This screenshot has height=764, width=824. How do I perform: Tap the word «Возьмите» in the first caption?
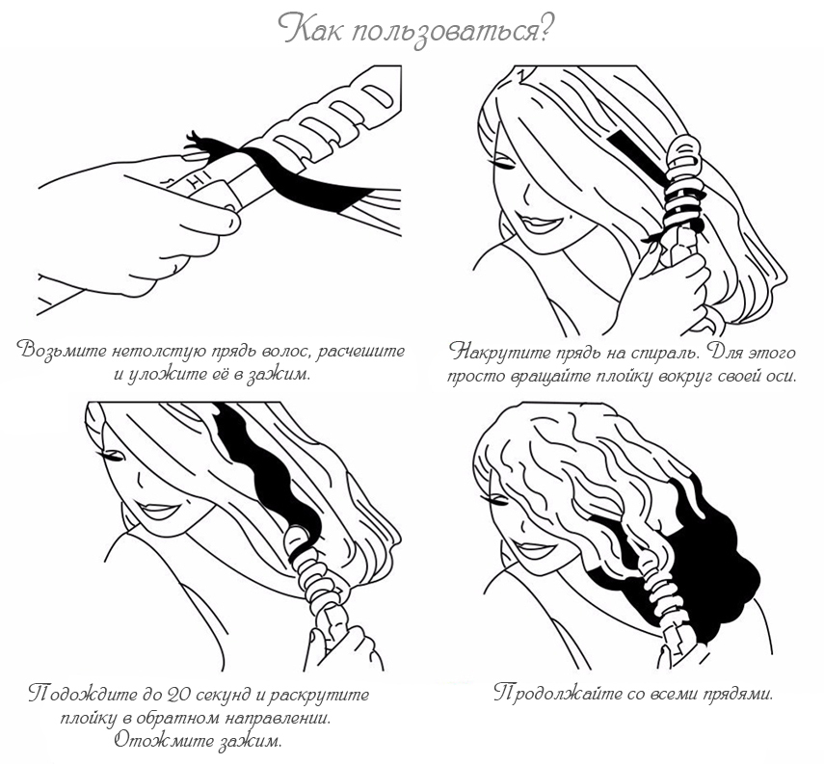tap(61, 351)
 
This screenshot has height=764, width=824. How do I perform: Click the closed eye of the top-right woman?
tap(503, 165)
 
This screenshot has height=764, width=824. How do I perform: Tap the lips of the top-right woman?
tap(537, 224)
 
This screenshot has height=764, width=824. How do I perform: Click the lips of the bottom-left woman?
tap(158, 511)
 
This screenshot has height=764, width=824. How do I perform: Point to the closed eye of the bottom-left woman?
tap(111, 456)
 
